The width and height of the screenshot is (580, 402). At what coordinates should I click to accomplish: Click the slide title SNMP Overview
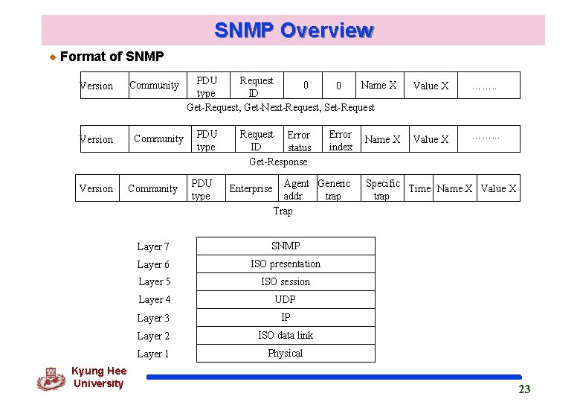click(x=293, y=31)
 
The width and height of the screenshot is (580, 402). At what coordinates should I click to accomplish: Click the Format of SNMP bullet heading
click(x=112, y=57)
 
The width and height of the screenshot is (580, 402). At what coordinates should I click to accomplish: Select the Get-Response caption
click(x=278, y=162)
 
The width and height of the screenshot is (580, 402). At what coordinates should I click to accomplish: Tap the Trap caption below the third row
click(x=283, y=211)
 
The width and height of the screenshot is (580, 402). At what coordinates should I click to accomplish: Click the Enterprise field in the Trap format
click(x=251, y=189)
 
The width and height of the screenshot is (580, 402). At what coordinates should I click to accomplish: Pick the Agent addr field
click(x=296, y=189)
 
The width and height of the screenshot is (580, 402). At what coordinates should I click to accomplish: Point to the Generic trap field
click(x=334, y=189)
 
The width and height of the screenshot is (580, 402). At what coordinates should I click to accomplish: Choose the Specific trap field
click(x=382, y=189)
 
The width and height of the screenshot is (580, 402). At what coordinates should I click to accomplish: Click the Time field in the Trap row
click(x=419, y=188)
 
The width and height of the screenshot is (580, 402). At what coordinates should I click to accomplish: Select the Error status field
click(x=299, y=141)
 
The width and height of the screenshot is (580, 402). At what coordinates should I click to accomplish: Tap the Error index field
click(x=340, y=141)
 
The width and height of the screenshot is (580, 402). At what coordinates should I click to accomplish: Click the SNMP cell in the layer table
click(x=286, y=246)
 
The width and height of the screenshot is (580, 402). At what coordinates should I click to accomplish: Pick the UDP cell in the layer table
click(x=286, y=299)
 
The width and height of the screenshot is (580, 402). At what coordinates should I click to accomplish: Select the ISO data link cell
click(x=286, y=335)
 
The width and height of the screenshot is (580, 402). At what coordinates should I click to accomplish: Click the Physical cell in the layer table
click(x=286, y=353)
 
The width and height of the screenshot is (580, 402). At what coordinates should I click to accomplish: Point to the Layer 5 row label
click(x=154, y=281)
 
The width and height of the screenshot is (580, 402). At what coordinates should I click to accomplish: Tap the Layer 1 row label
click(x=153, y=354)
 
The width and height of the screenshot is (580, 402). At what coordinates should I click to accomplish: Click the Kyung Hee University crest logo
click(x=51, y=379)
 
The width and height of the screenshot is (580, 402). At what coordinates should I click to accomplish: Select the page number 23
click(x=524, y=389)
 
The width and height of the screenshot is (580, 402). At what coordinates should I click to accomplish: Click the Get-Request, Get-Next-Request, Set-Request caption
click(x=280, y=107)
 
